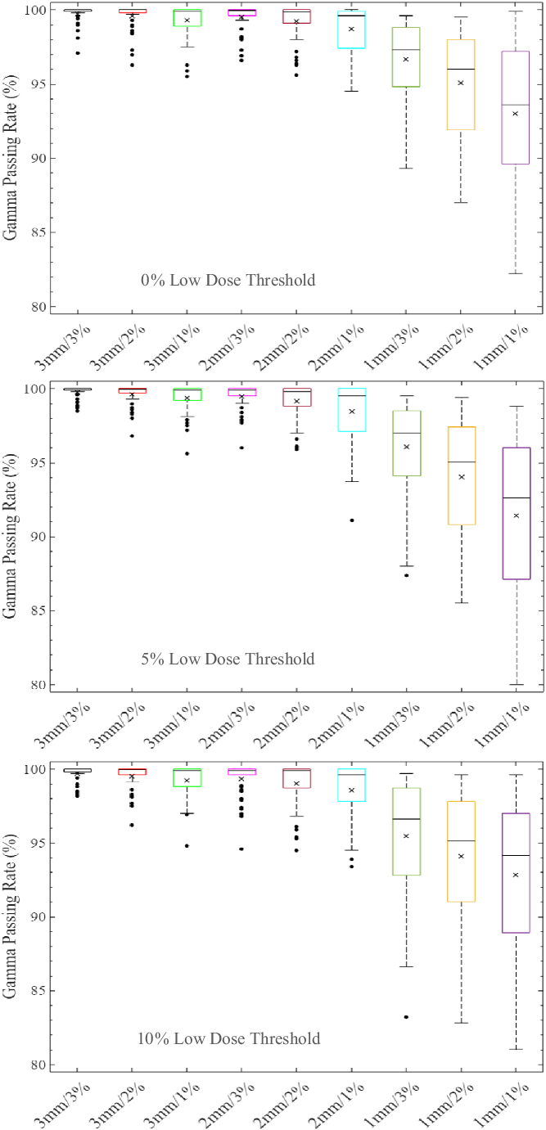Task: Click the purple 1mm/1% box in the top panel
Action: point(516,107)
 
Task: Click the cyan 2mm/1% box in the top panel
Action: point(351,29)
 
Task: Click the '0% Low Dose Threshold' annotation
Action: point(228,281)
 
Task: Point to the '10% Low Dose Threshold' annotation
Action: point(230,1039)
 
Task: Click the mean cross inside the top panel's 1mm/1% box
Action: point(516,114)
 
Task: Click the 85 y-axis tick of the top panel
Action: point(37,233)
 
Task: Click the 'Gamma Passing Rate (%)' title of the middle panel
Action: point(11,535)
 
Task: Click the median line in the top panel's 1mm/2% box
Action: point(461,70)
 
